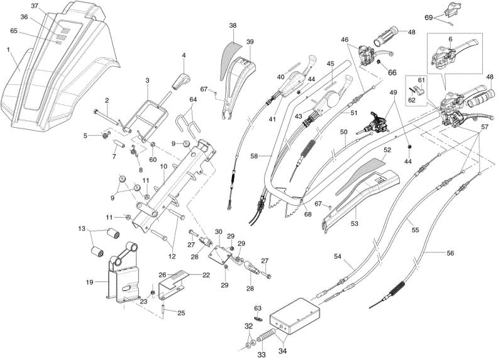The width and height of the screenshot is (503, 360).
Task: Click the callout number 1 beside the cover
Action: (x=9, y=50)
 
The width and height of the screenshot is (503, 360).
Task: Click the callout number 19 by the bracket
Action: (x=89, y=283)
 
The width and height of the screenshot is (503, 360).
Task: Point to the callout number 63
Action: (x=258, y=308)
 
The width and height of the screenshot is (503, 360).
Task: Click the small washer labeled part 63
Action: (x=258, y=318)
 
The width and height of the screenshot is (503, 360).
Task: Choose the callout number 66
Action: (x=392, y=72)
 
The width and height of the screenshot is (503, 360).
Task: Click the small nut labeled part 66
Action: (x=379, y=61)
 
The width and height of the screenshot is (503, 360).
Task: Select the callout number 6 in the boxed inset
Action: (x=450, y=38)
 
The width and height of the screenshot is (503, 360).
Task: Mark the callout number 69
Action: (x=429, y=18)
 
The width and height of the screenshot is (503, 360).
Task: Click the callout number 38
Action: (x=233, y=25)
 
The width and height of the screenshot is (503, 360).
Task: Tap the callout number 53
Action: (x=355, y=224)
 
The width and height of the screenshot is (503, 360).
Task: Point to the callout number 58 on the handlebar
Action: (x=255, y=156)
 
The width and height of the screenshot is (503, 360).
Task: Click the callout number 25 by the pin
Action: (x=181, y=313)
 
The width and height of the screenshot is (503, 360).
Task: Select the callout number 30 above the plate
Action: (x=218, y=232)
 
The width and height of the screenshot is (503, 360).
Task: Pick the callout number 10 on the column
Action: (x=163, y=167)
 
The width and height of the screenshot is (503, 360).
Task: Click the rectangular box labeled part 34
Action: (x=295, y=315)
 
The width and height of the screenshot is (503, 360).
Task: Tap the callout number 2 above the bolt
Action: (x=107, y=101)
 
